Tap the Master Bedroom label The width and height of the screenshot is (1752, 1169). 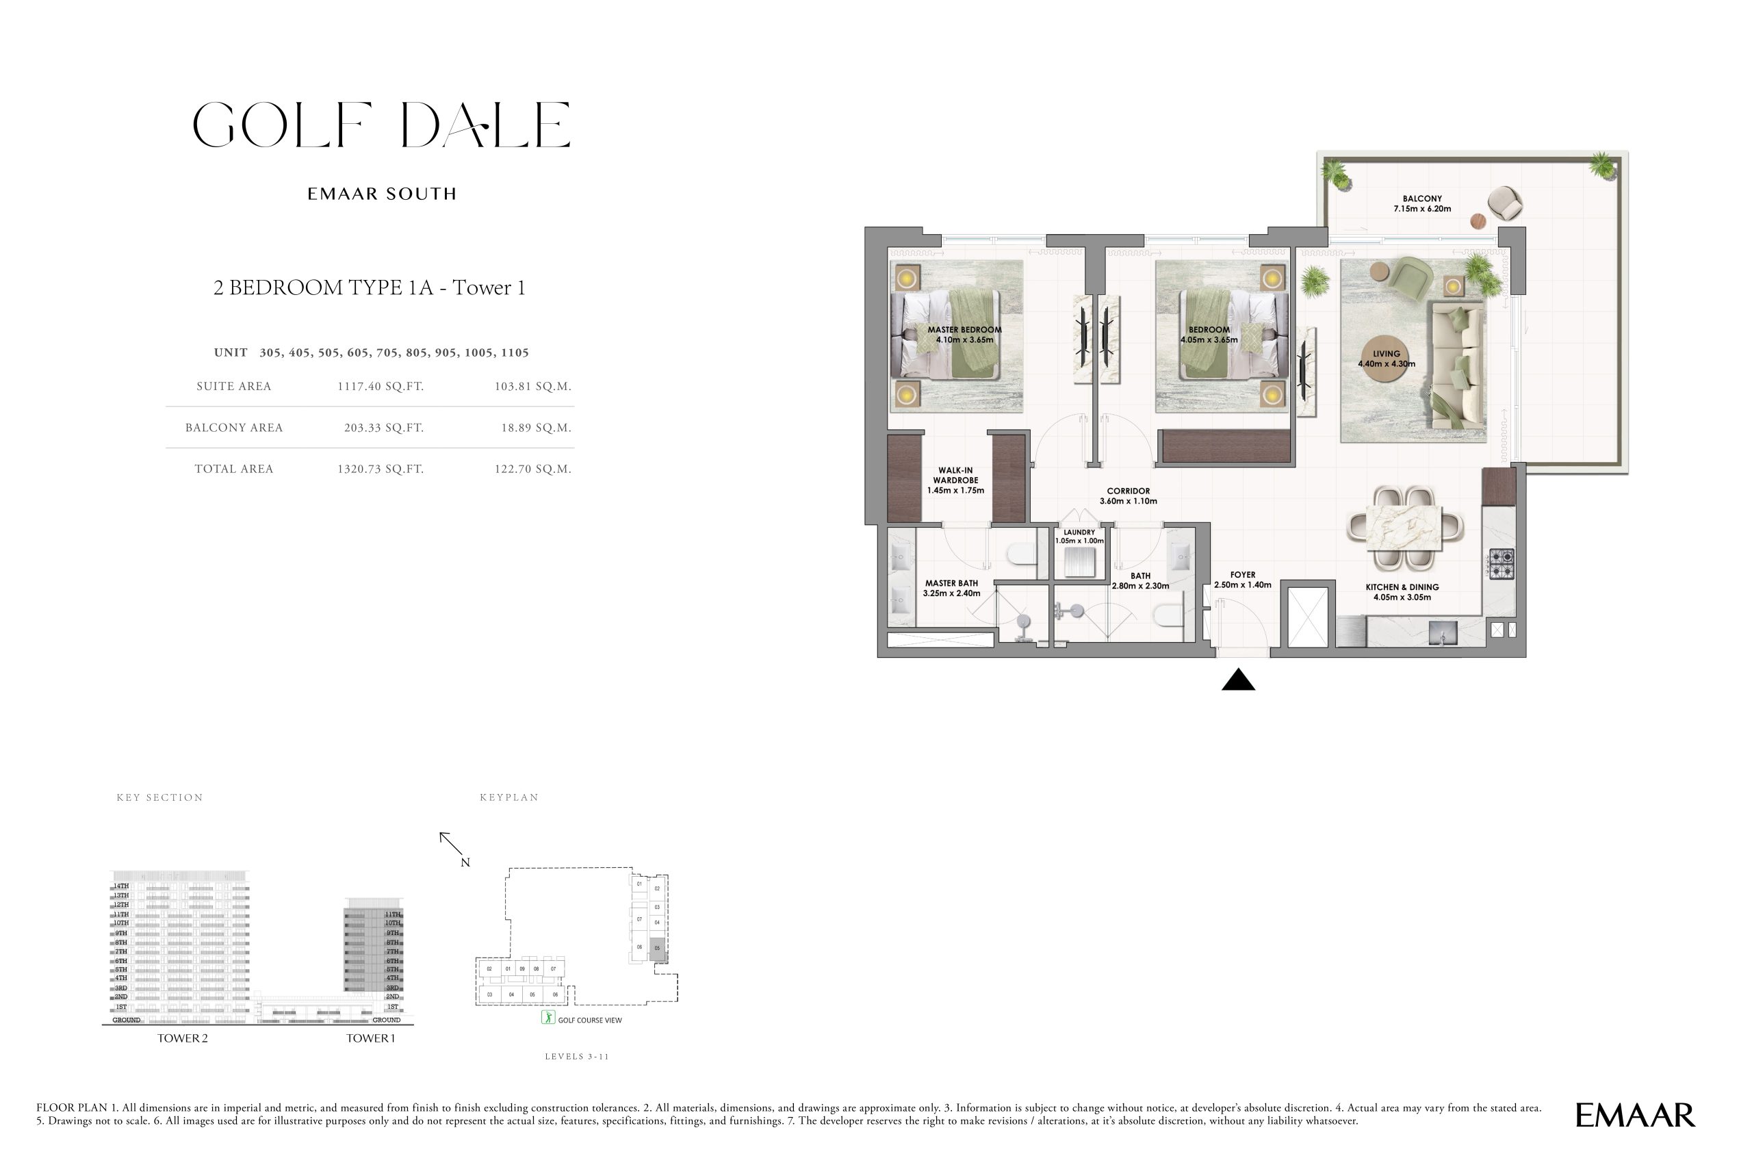964,335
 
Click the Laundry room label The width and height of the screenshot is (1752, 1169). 1079,537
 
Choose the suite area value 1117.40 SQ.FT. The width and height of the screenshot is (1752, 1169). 381,386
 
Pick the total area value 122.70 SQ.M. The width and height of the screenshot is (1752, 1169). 532,469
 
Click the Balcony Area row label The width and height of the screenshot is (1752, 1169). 234,428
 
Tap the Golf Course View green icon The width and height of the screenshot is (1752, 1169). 548,1018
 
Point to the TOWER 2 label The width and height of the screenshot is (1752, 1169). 183,1038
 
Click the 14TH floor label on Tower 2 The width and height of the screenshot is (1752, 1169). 120,886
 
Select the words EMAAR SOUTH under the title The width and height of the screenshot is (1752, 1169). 382,194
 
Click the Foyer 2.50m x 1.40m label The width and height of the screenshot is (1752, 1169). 1242,580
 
